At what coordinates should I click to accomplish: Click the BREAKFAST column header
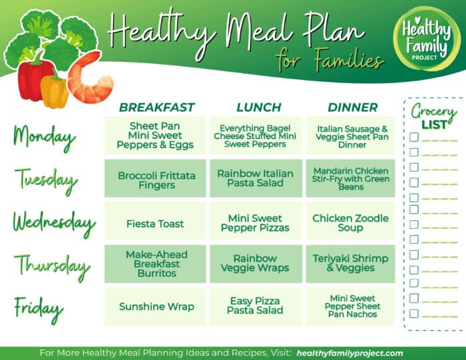156,107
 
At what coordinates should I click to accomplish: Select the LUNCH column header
258,107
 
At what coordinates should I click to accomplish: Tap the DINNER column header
352,107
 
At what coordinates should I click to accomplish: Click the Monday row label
43,137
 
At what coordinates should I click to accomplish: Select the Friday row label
39,308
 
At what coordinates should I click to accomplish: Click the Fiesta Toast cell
155,224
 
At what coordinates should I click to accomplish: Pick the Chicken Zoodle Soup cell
350,223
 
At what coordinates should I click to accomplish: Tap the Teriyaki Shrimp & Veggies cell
350,264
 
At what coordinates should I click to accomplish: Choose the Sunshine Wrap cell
156,307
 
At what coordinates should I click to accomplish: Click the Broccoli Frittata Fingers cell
156,180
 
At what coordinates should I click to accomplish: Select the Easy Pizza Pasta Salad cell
255,306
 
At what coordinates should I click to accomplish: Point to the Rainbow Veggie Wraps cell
255,264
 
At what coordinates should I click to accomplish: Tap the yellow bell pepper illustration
55,91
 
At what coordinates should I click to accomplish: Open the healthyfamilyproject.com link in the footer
349,353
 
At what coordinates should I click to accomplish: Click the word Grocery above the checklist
433,110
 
